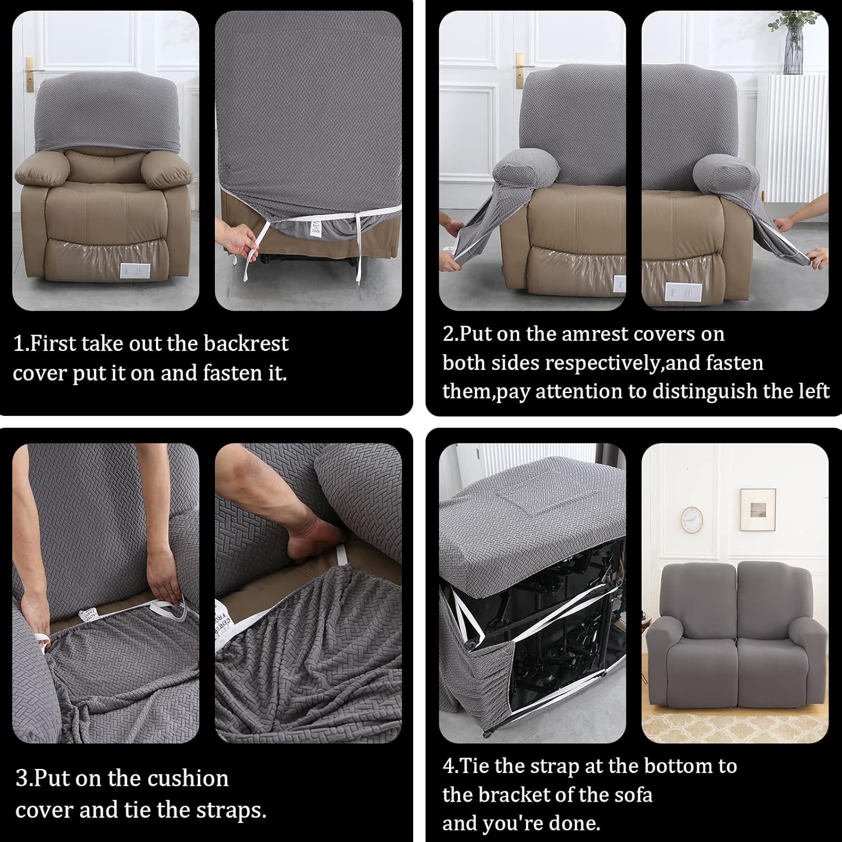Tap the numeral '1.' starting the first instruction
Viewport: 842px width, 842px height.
tap(21, 344)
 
